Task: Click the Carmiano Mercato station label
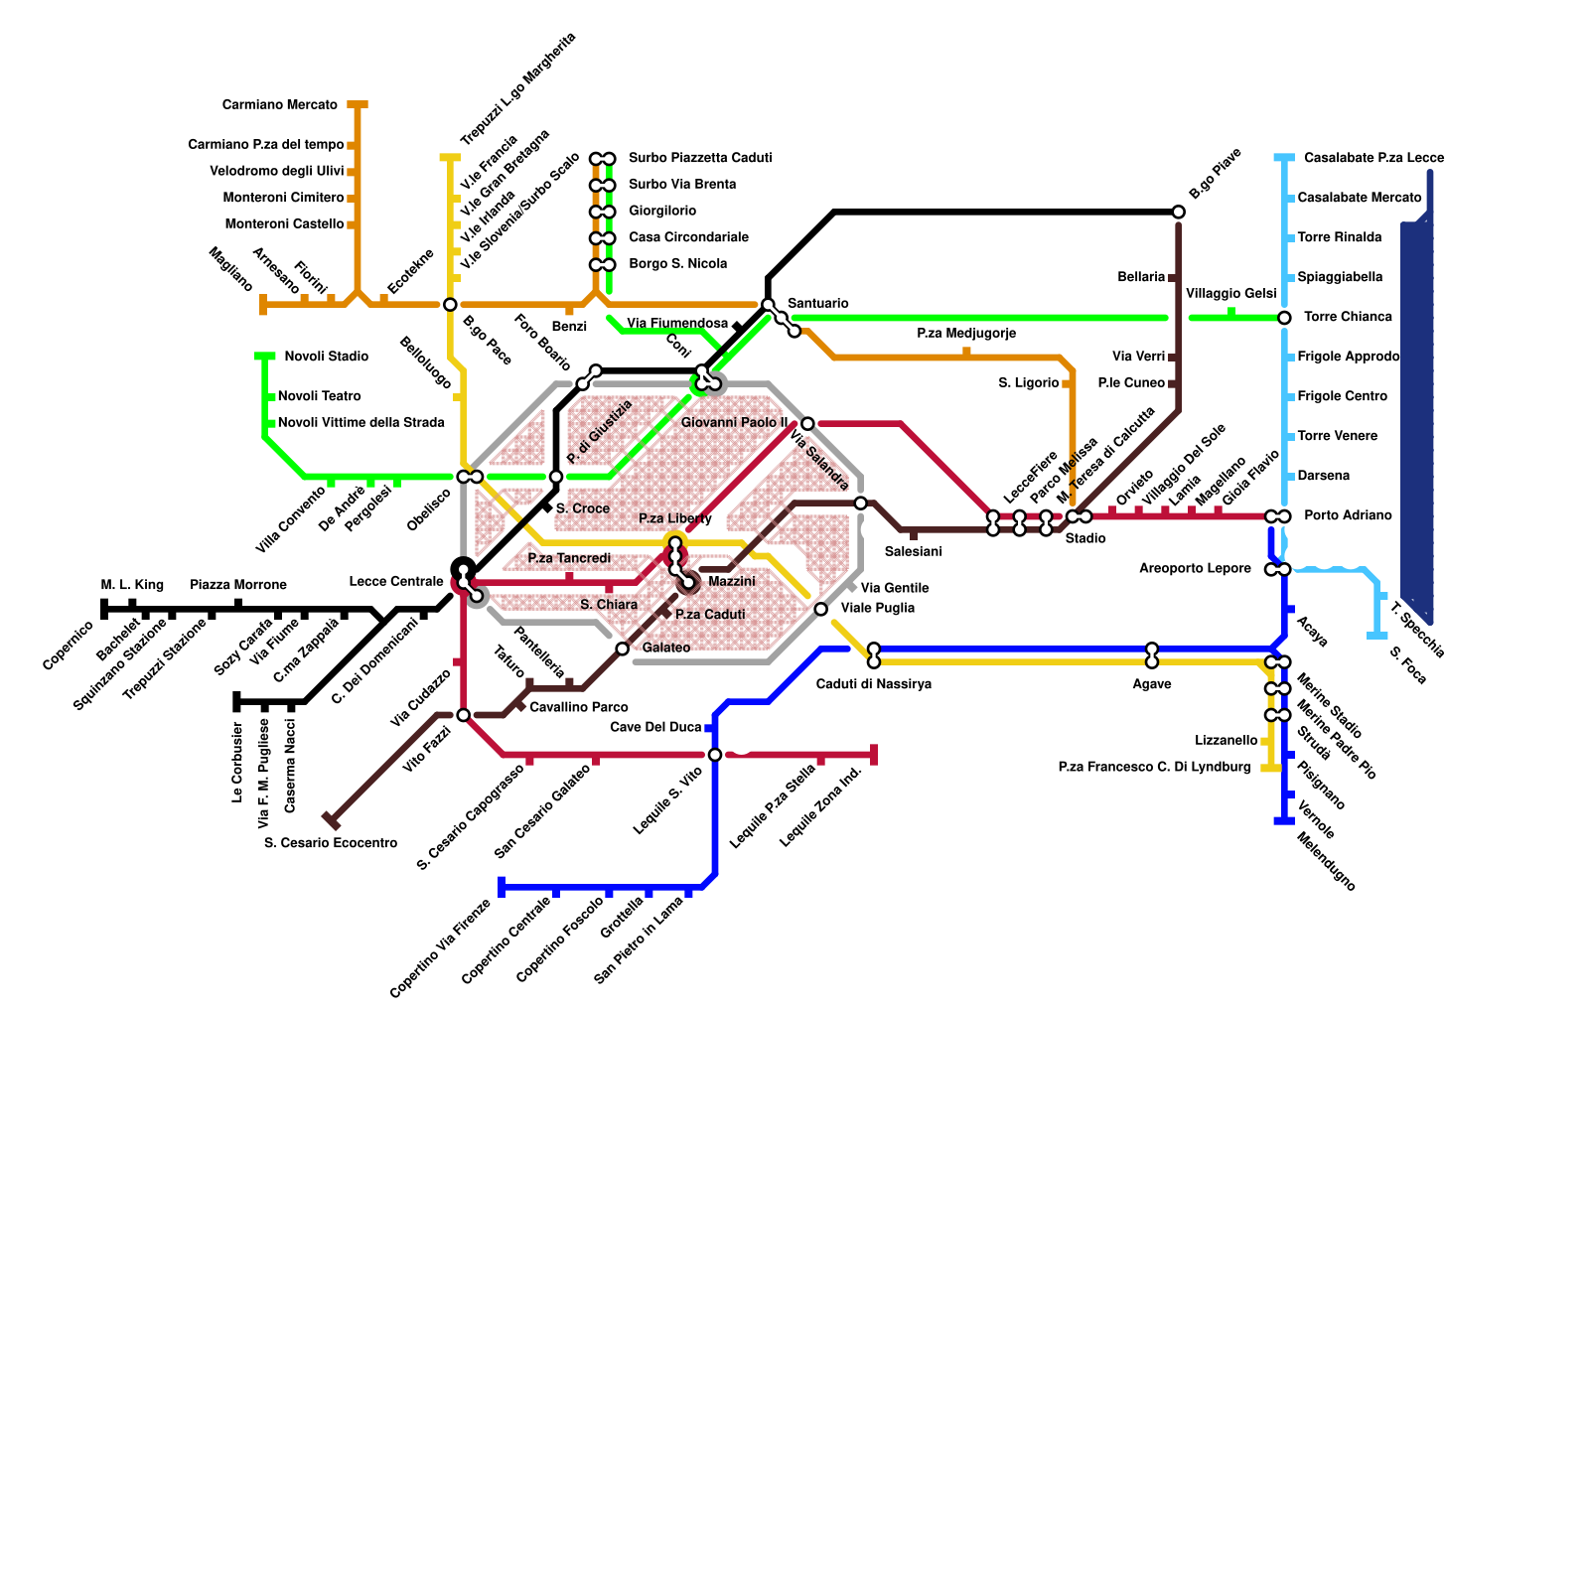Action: [x=280, y=105]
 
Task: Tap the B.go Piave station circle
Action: [x=1178, y=213]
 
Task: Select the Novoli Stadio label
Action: [x=326, y=357]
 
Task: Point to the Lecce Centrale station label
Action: [x=396, y=581]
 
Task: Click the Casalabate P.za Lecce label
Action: [x=1373, y=158]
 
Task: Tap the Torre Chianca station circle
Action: [x=1284, y=318]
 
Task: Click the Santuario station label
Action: [x=817, y=303]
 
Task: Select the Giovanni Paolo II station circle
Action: [x=807, y=424]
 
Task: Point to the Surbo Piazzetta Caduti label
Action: [x=700, y=158]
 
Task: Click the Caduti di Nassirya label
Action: [x=874, y=684]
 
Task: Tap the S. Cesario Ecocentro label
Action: [x=331, y=843]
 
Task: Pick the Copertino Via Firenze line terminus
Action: [x=502, y=886]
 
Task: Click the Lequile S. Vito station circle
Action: [x=715, y=755]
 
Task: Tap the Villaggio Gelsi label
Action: [x=1230, y=294]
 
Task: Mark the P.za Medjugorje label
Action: [x=966, y=334]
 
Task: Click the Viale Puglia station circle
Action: [x=820, y=609]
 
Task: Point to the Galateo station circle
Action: [x=623, y=649]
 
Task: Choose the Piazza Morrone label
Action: [x=238, y=585]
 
